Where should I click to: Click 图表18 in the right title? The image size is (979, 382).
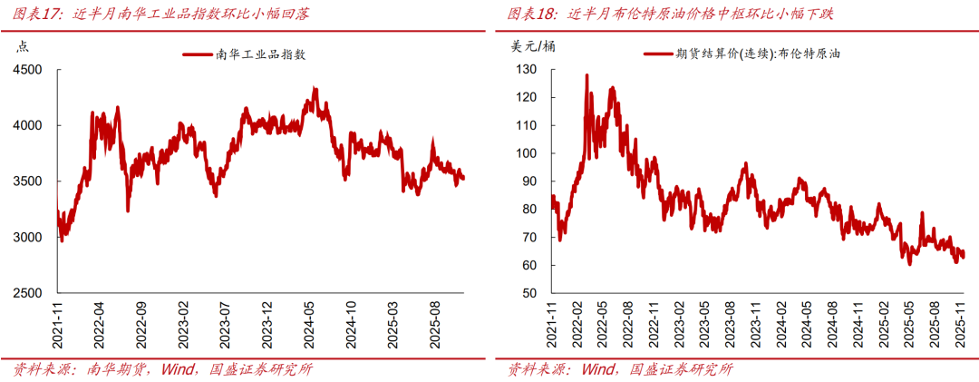tap(533, 14)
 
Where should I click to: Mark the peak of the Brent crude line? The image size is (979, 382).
tap(586, 75)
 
